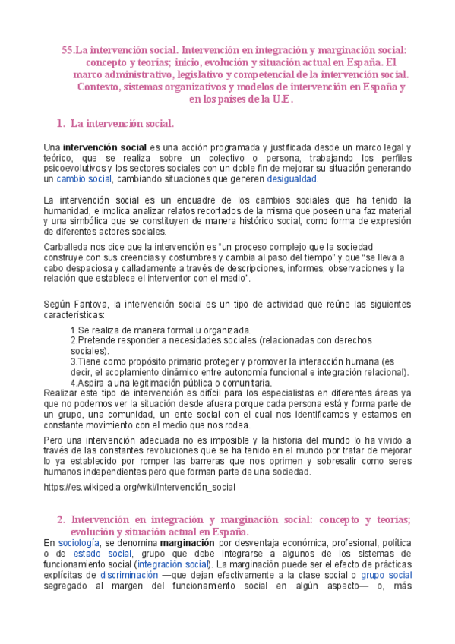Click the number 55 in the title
67,49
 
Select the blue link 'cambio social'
84,179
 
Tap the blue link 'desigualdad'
292,179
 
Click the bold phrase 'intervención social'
104,146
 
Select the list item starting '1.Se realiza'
160,331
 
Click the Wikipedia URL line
140,486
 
